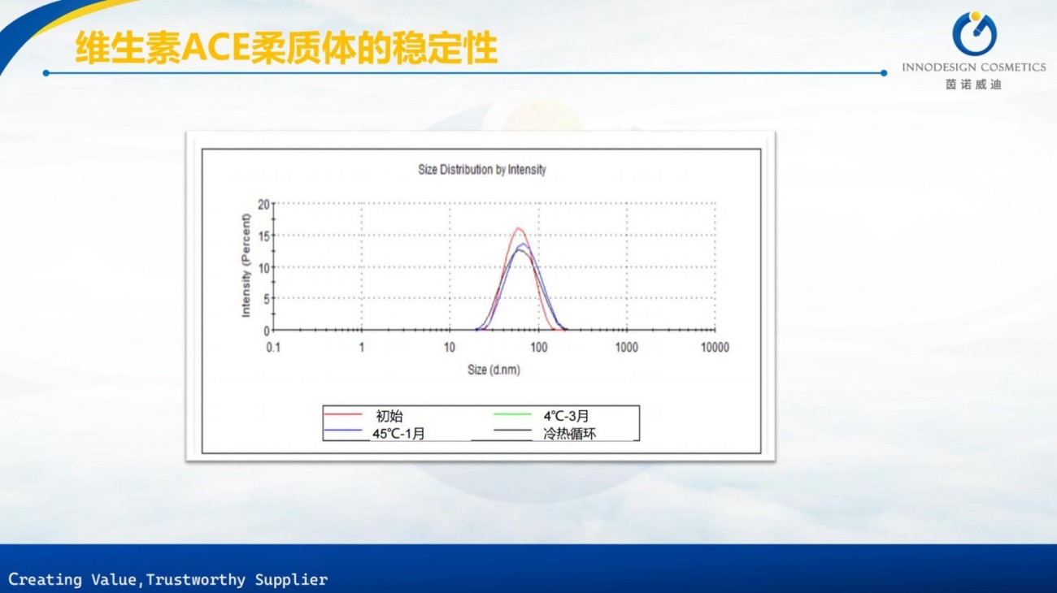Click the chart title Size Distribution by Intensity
[x=482, y=170]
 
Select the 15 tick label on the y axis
[x=263, y=236]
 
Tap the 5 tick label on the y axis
[x=267, y=299]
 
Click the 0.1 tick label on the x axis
[x=273, y=348]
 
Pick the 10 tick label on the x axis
[x=449, y=348]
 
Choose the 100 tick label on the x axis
[x=538, y=348]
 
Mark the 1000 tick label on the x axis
[x=627, y=348]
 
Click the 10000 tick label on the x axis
[x=715, y=348]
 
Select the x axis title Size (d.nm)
[x=494, y=370]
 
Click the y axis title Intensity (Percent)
[x=246, y=266]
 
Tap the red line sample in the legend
[x=343, y=414]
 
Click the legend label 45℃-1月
[x=398, y=434]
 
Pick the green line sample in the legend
[x=512, y=414]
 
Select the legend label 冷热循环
[x=569, y=434]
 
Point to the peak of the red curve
[x=518, y=228]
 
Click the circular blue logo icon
[x=974, y=33]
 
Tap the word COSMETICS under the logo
[x=1011, y=67]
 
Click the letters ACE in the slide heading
[x=215, y=48]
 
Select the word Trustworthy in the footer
[x=195, y=580]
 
